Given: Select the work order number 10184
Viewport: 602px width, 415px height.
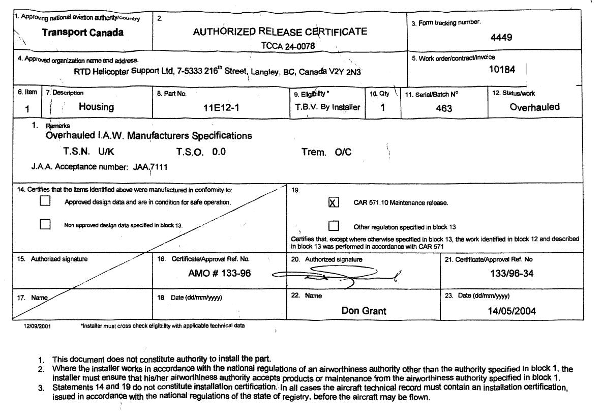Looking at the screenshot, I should [x=502, y=70].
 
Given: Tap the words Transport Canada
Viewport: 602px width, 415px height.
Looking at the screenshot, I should [x=82, y=33].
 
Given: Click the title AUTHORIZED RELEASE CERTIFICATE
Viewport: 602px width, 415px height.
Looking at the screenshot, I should [x=280, y=32].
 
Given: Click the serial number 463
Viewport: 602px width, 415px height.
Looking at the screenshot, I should [x=444, y=108].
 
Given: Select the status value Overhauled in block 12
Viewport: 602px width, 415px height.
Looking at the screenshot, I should [x=534, y=107].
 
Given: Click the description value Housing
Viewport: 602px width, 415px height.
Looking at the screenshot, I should [x=96, y=107].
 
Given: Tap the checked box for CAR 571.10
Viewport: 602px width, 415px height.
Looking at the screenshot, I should [x=334, y=202].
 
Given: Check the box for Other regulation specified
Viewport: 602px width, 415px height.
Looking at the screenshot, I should [x=334, y=226].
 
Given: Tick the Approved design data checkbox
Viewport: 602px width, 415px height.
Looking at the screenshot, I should [x=45, y=201].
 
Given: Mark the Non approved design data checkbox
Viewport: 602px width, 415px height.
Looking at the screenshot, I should [x=45, y=224].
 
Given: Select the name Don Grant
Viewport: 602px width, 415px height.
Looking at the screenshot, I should [x=364, y=311].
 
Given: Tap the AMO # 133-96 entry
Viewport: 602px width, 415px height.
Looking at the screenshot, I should [x=219, y=274].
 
